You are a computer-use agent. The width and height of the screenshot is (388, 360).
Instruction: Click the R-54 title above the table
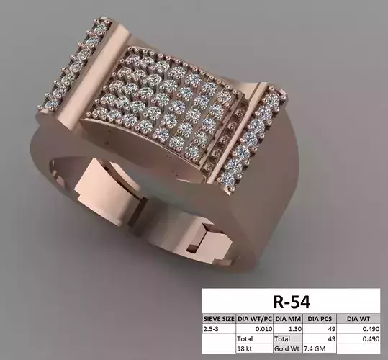294,299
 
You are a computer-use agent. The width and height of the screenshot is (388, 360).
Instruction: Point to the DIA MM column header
286,317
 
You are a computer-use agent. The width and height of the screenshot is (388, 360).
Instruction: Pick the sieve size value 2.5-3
213,327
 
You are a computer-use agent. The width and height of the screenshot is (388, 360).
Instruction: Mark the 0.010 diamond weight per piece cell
258,327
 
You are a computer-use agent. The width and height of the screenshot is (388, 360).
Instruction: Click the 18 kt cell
245,348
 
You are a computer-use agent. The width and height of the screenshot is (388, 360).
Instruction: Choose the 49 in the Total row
332,337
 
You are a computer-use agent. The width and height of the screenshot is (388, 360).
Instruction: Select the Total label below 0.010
247,337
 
